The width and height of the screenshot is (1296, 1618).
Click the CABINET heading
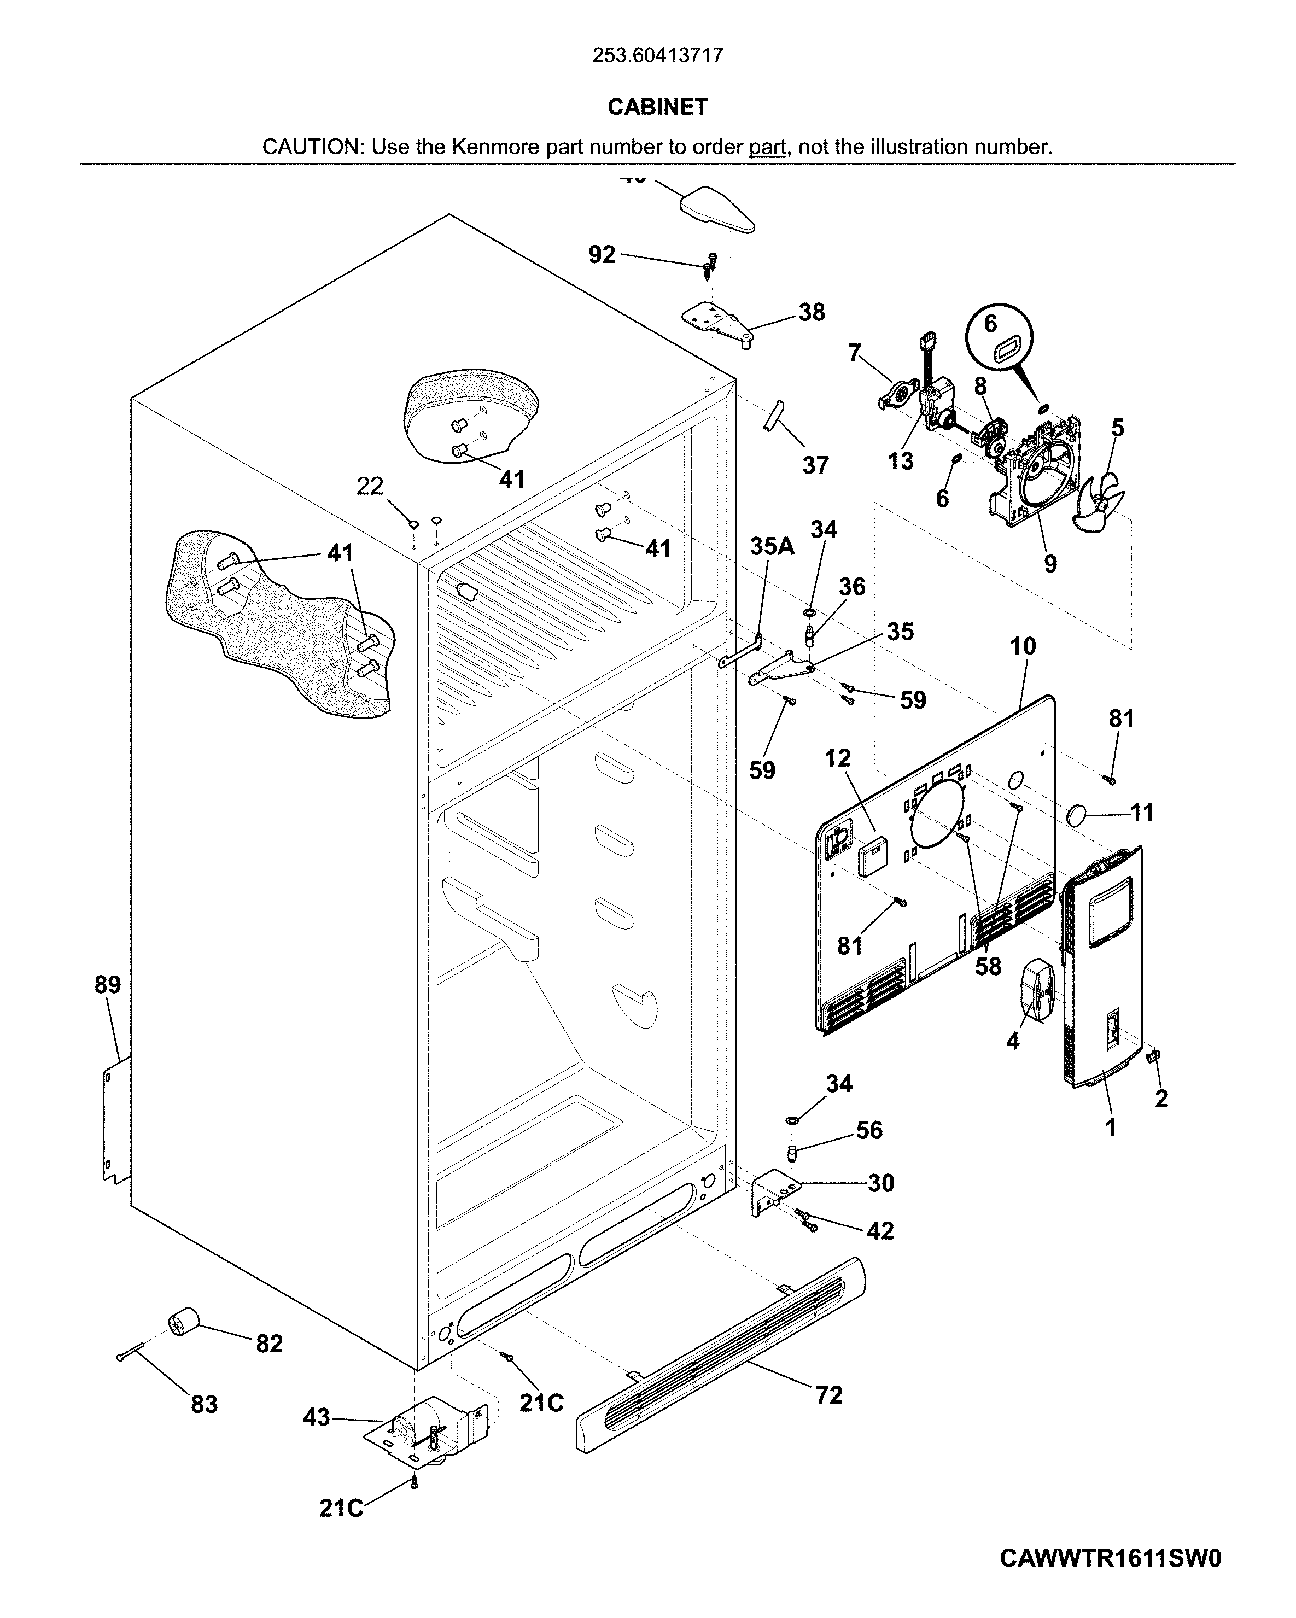pos(657,107)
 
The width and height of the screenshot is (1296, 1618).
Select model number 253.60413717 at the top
pos(657,56)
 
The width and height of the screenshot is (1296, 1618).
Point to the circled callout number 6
pos(990,324)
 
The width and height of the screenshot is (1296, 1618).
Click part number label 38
pos(811,312)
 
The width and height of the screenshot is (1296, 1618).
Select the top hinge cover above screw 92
pos(717,209)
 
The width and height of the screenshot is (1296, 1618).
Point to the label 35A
pos(772,546)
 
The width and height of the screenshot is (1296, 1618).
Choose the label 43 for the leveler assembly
pos(316,1417)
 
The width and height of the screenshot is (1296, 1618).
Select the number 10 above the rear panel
pos(1023,646)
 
